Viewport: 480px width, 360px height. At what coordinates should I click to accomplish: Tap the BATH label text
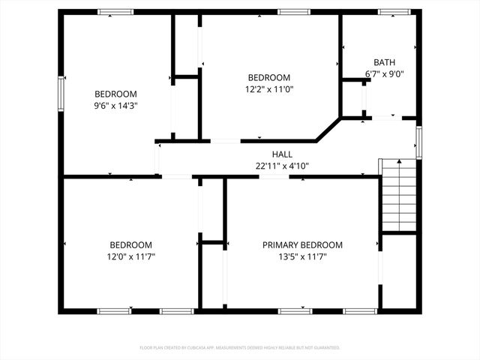(x=385, y=62)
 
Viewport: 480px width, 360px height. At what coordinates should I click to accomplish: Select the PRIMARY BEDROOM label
(x=302, y=245)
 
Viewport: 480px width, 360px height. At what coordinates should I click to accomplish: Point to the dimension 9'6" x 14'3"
(x=115, y=106)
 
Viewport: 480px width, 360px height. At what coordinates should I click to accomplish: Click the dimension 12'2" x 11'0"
(x=269, y=89)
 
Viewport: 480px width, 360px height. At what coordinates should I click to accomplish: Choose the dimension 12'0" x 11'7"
(x=131, y=256)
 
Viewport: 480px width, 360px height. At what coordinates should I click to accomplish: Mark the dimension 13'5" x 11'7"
(x=302, y=256)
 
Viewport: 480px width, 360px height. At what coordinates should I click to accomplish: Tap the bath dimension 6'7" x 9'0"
(x=385, y=73)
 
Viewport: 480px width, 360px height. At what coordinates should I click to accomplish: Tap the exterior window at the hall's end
(x=418, y=142)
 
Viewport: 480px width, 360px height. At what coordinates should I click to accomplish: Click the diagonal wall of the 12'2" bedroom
(x=327, y=128)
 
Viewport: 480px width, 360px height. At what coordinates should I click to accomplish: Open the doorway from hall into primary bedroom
(x=274, y=177)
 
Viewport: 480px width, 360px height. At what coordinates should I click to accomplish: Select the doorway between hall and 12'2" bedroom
(x=225, y=140)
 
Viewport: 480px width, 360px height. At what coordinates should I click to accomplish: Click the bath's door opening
(x=386, y=118)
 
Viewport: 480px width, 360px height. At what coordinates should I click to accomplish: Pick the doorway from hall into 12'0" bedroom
(x=177, y=177)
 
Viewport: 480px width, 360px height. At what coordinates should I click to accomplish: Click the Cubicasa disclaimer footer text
(x=240, y=348)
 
